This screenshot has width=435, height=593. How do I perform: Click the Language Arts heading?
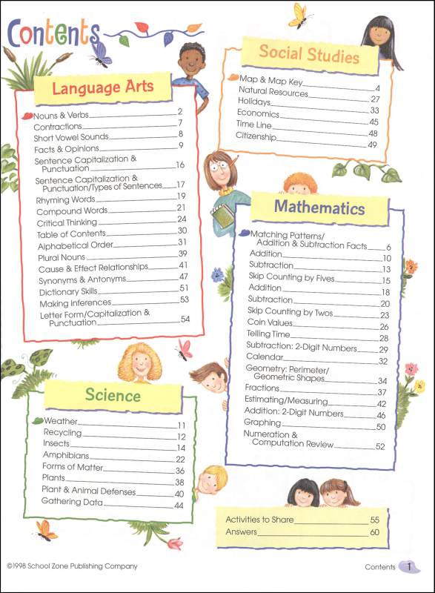coord(103,87)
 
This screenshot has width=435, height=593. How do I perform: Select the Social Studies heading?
coord(309,54)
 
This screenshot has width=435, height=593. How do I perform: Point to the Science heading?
coord(113,394)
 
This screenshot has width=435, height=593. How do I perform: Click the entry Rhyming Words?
coord(65,199)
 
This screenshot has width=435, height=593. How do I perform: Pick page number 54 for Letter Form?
coord(185,319)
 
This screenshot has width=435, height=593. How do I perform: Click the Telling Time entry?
coord(270,337)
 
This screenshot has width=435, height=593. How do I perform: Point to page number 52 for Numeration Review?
coord(380,446)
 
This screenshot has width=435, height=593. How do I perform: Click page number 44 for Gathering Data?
coord(179,505)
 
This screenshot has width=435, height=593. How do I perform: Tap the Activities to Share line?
coord(259,520)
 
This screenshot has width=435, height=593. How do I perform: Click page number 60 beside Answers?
coord(374,532)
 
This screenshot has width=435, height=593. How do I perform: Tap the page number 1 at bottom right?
coord(408,567)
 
